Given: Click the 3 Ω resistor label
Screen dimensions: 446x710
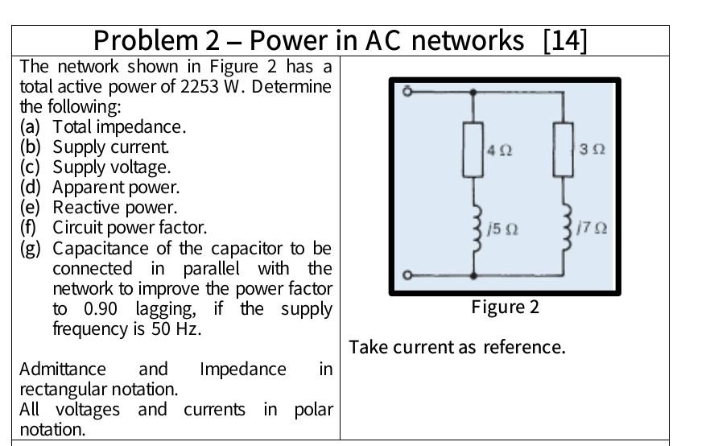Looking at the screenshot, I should pyautogui.click(x=592, y=150).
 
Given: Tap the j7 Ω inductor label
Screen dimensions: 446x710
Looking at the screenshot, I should pyautogui.click(x=592, y=229).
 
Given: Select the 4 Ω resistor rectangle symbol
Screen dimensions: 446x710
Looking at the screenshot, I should pyautogui.click(x=473, y=150).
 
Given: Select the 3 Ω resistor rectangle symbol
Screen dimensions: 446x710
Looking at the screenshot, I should pyautogui.click(x=563, y=150).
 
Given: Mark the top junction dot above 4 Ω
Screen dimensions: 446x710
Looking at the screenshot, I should pyautogui.click(x=473, y=92).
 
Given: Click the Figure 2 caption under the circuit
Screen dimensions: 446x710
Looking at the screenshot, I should pyautogui.click(x=506, y=308).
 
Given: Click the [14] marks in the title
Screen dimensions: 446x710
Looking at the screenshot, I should pyautogui.click(x=565, y=39).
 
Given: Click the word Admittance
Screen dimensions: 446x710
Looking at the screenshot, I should pyautogui.click(x=63, y=370).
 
